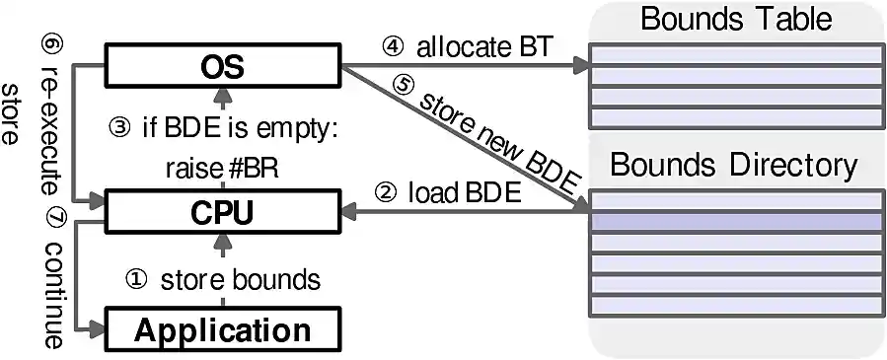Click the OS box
point(222,68)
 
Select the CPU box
point(222,210)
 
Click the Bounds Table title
point(735,18)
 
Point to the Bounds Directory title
point(735,165)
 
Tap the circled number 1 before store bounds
point(138,279)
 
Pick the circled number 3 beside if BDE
point(117,129)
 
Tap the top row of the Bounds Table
point(735,57)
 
